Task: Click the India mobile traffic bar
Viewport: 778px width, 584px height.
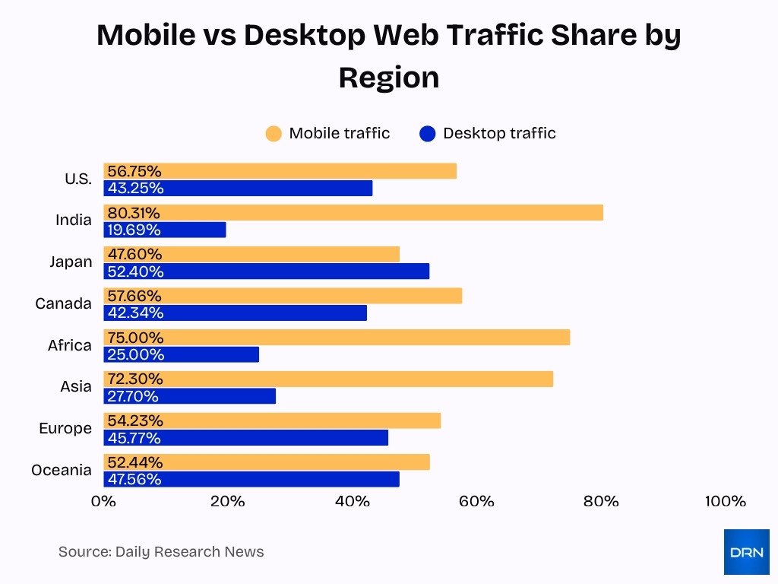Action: [x=353, y=213]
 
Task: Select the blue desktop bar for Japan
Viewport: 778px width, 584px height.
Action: [x=266, y=271]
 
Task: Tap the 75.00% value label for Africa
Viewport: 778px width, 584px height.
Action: [x=135, y=338]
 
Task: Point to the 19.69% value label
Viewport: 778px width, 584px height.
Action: [x=134, y=230]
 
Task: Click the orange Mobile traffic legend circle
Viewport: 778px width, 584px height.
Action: [x=274, y=134]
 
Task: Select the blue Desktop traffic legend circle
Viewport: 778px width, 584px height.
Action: [x=427, y=134]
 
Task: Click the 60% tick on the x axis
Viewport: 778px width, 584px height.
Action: [x=476, y=501]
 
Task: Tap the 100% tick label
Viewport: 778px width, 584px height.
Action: [x=725, y=501]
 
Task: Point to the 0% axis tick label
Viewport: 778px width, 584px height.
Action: [x=103, y=501]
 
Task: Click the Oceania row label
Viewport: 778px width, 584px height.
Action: [x=62, y=470]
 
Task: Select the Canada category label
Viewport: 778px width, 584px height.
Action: [x=63, y=303]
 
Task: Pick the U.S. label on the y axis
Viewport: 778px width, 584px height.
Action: [x=77, y=179]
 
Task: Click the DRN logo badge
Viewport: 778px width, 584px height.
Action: [x=746, y=552]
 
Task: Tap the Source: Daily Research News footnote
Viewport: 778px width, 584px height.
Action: [x=161, y=552]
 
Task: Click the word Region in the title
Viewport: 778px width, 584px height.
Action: [x=388, y=78]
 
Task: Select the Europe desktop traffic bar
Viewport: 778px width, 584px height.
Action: [x=245, y=438]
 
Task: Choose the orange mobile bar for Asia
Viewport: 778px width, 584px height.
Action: [x=328, y=379]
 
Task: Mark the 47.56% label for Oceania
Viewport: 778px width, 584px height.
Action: [x=134, y=479]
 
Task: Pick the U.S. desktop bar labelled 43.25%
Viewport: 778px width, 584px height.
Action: [x=238, y=188]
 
